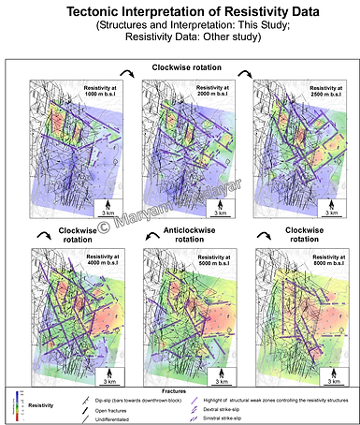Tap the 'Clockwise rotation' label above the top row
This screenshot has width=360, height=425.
pos(179,68)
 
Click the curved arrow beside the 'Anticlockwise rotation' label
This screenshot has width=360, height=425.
pos(148,231)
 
